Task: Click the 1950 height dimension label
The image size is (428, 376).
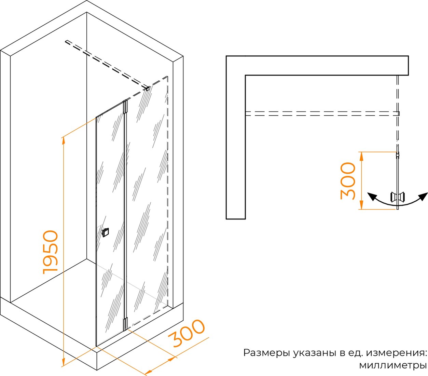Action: click(51, 252)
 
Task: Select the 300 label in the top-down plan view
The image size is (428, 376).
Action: click(348, 181)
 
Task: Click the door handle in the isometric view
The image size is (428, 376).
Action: click(105, 232)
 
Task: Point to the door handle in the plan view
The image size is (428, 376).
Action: click(398, 197)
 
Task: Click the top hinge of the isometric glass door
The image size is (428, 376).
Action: click(125, 107)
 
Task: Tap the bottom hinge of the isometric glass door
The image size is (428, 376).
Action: click(125, 323)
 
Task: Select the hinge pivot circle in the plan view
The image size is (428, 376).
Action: click(398, 155)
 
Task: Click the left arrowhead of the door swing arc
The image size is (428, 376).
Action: click(372, 197)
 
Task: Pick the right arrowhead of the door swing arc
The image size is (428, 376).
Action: click(423, 197)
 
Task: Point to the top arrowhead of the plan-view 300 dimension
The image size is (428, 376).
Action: click(361, 156)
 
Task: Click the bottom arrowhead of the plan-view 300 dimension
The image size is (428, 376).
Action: click(361, 205)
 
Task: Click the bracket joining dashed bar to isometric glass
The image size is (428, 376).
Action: click(148, 89)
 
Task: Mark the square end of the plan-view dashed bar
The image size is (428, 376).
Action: click(398, 113)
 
